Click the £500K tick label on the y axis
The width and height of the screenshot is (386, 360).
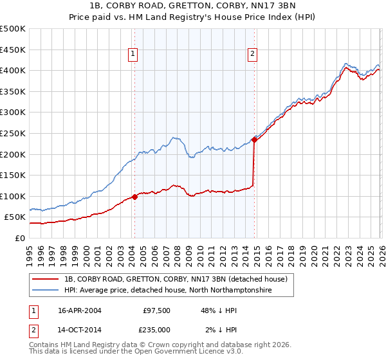(13, 29)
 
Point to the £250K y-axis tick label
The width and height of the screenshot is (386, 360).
(13, 133)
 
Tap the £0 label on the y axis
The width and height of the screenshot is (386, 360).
(21, 238)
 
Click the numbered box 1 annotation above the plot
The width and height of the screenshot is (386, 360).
(133, 55)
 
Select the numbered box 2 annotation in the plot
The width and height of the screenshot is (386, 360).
(253, 55)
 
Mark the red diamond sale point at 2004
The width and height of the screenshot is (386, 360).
(134, 197)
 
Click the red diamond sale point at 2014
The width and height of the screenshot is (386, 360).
(255, 139)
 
